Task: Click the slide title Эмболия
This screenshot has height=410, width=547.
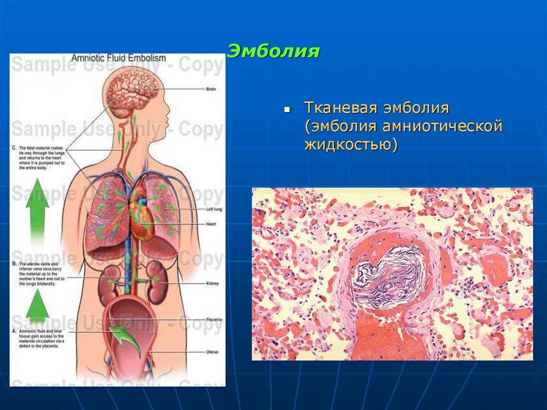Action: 273,52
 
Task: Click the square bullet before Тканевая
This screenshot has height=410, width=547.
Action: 287,109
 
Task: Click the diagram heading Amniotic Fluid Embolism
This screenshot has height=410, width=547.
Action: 119,58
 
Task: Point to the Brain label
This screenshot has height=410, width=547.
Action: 211,89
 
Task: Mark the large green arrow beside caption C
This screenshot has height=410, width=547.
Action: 37,208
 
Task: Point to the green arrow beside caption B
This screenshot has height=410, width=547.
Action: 37,305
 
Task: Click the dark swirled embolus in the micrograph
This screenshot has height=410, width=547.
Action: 387,275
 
